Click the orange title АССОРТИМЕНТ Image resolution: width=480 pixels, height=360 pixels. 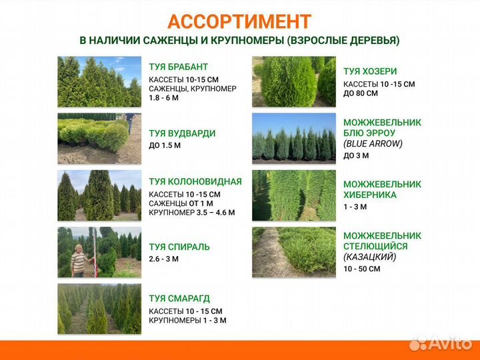[x=239, y=22]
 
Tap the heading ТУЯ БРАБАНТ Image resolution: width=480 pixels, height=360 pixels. [x=178, y=67]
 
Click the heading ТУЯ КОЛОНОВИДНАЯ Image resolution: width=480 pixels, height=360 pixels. [x=195, y=181]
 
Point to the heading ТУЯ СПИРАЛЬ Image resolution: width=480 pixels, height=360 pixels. [x=179, y=247]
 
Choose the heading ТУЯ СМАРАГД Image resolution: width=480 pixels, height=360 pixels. [x=179, y=299]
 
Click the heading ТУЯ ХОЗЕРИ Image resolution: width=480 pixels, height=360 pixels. [x=370, y=71]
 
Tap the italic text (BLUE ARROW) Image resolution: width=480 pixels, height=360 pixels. [x=373, y=143]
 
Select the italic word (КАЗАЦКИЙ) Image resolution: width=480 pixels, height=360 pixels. [x=370, y=257]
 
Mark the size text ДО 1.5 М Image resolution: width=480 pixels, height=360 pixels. [x=165, y=145]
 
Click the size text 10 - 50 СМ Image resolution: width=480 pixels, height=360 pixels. [x=361, y=269]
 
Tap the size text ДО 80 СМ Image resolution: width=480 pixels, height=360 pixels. [x=361, y=93]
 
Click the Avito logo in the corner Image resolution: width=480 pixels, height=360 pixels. [x=441, y=343]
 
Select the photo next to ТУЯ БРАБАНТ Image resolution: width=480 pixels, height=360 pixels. [x=99, y=81]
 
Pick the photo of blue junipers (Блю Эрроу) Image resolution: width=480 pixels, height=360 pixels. [x=294, y=137]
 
